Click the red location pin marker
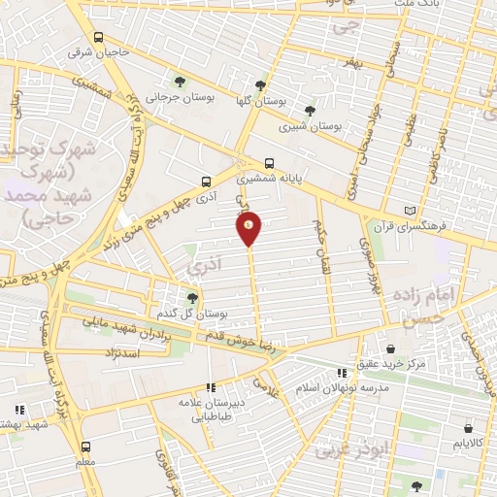click(x=249, y=227)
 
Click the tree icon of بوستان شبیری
click(x=310, y=111)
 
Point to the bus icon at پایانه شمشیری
click(x=269, y=163)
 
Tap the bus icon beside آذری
click(x=205, y=181)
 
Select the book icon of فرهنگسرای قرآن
click(x=410, y=210)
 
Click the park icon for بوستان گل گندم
click(x=192, y=297)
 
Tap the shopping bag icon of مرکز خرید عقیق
click(x=390, y=348)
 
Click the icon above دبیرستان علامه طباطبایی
click(x=212, y=387)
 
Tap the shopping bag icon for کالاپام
click(x=469, y=427)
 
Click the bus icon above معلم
click(x=86, y=447)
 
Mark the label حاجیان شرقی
click(x=98, y=52)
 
